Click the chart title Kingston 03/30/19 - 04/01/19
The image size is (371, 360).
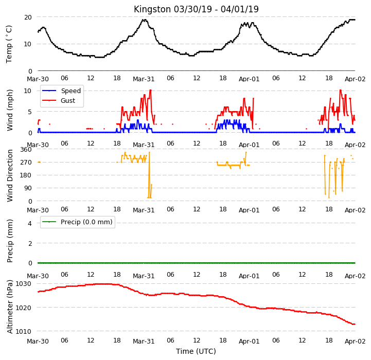196,9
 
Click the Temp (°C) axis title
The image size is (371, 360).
9,44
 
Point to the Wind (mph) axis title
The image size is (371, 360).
10,110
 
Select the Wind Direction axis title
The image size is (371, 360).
10,175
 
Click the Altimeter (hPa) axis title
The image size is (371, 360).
10,307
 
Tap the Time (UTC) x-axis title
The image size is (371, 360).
196,351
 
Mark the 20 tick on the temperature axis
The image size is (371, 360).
28,17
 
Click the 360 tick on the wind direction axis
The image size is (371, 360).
26,150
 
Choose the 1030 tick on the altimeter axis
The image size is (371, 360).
24,283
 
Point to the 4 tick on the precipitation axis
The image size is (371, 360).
29,223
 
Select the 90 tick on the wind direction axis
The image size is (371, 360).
28,188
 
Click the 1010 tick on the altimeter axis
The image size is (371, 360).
24,331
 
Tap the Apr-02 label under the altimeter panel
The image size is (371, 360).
355,341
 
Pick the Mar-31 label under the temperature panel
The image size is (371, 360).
144,79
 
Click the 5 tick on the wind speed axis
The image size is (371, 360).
29,112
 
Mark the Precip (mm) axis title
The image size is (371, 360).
10,241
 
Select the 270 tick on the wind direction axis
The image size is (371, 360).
26,163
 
